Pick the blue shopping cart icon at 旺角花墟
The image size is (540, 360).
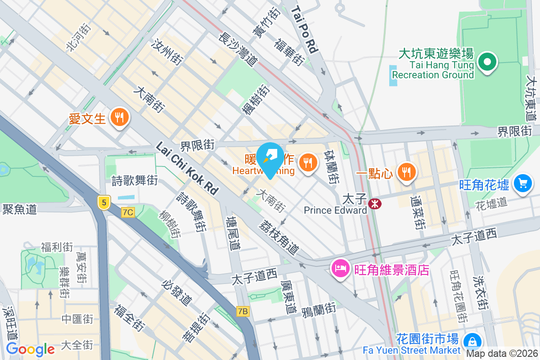click(x=522, y=184)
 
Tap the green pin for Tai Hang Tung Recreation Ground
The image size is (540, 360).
click(x=486, y=62)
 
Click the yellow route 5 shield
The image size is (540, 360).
click(x=104, y=202)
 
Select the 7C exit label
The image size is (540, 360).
click(x=128, y=211)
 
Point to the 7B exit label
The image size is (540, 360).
click(x=243, y=311)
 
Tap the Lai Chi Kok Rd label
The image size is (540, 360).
click(x=187, y=169)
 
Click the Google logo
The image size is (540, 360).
click(x=30, y=349)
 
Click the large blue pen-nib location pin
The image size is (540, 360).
click(x=270, y=158)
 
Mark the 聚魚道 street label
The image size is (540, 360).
click(x=19, y=209)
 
